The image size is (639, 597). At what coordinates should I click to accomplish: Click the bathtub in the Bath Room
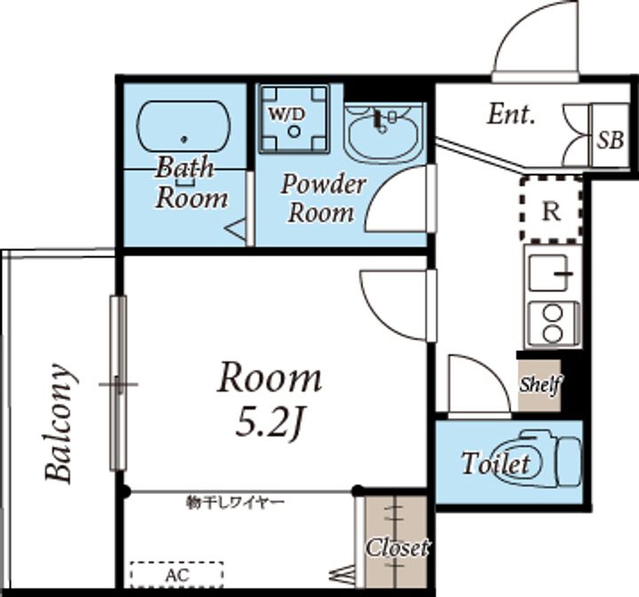[184, 127]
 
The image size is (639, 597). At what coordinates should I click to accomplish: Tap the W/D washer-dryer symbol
[294, 119]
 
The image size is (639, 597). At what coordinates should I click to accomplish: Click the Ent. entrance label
[511, 115]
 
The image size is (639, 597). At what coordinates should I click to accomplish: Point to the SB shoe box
[610, 135]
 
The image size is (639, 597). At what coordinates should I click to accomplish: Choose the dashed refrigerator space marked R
[551, 210]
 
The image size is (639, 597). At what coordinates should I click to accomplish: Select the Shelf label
[540, 385]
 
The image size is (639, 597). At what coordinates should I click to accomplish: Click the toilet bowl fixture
[538, 458]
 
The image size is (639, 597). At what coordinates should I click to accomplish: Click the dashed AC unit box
[177, 575]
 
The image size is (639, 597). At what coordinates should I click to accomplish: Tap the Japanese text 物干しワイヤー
[235, 502]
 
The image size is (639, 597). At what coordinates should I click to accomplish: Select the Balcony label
[59, 422]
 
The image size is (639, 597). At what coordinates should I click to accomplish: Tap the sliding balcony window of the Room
[118, 383]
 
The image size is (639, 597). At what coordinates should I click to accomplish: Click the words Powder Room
[322, 199]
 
